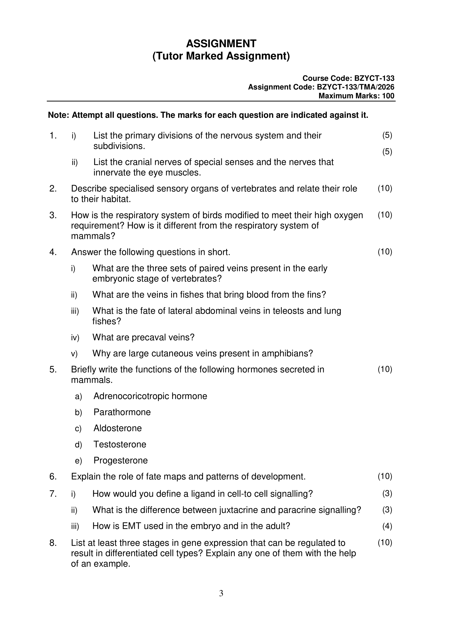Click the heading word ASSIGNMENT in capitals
point(221,44)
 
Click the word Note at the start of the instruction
point(58,115)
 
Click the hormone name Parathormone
point(122,412)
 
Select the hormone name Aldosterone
point(118,428)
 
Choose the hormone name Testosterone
point(120,444)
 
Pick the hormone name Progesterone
point(121,460)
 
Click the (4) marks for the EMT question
point(387,526)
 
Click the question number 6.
point(53,477)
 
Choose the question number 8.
point(53,543)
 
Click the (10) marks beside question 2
point(385,188)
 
